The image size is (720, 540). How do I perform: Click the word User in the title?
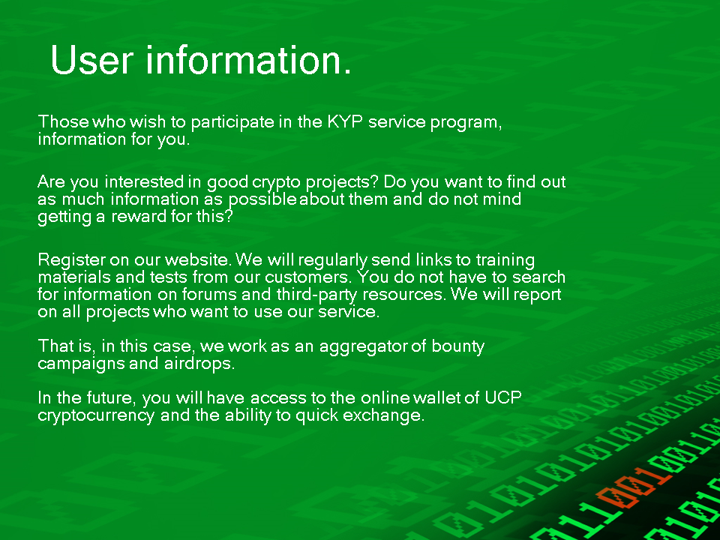(x=92, y=59)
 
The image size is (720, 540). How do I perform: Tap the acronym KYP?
(x=345, y=121)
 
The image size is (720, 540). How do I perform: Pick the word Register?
(x=72, y=260)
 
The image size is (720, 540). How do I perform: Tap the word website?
(x=197, y=260)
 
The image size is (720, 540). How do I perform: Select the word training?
(x=505, y=261)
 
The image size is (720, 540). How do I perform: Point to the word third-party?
(x=316, y=295)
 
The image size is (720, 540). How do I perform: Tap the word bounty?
(x=457, y=346)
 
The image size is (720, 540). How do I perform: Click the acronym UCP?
(x=502, y=397)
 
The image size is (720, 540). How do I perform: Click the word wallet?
(x=436, y=397)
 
